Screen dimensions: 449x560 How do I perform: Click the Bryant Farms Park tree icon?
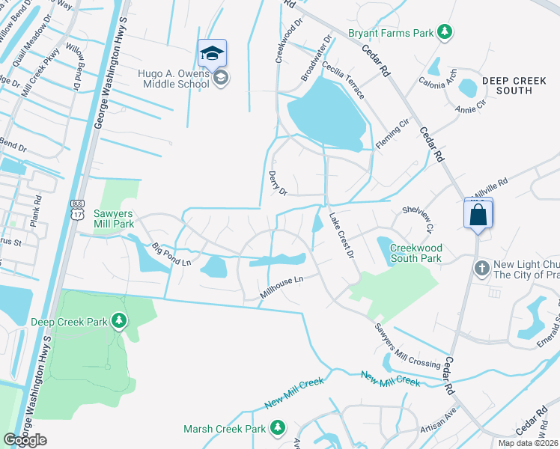(445, 31)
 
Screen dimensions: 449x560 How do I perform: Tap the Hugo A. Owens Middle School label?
(173, 79)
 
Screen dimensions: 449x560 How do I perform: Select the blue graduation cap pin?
(212, 53)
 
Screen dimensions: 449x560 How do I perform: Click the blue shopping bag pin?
(478, 216)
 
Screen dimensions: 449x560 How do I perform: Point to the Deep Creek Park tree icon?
(118, 321)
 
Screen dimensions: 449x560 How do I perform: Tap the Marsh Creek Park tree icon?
(278, 427)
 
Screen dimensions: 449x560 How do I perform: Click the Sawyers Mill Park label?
(113, 218)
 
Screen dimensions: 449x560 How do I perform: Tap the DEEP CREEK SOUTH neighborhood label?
(507, 85)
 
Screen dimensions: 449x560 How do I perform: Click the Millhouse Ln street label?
(280, 289)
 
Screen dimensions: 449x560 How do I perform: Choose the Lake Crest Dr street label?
(341, 235)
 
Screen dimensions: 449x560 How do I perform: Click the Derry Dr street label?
(279, 182)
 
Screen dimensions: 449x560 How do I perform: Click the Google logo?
(25, 440)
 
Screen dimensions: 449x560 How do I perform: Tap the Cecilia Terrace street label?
(344, 82)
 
